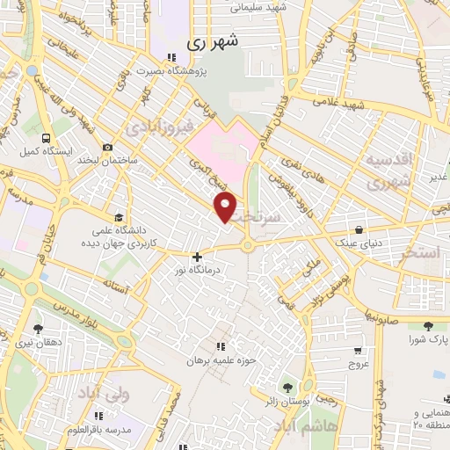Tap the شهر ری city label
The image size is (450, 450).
coord(213,41)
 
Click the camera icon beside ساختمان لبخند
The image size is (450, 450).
coord(107,148)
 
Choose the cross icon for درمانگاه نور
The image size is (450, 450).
coord(196,257)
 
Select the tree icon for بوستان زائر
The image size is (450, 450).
coord(287,387)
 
